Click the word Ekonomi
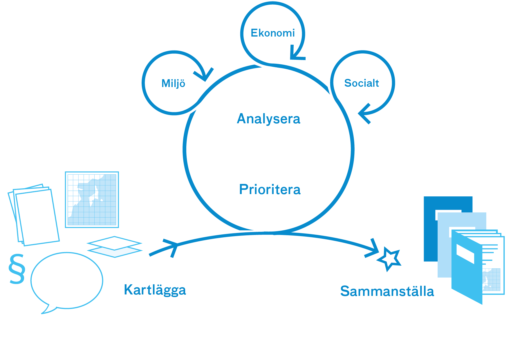(272, 33)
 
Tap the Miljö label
(173, 84)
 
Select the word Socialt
(361, 83)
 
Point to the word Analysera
(268, 119)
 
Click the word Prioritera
(270, 189)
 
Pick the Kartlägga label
(155, 290)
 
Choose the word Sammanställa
(387, 291)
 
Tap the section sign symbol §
(17, 269)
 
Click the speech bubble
(66, 280)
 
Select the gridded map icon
(92, 200)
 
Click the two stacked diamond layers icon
(115, 247)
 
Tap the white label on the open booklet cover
(465, 254)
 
